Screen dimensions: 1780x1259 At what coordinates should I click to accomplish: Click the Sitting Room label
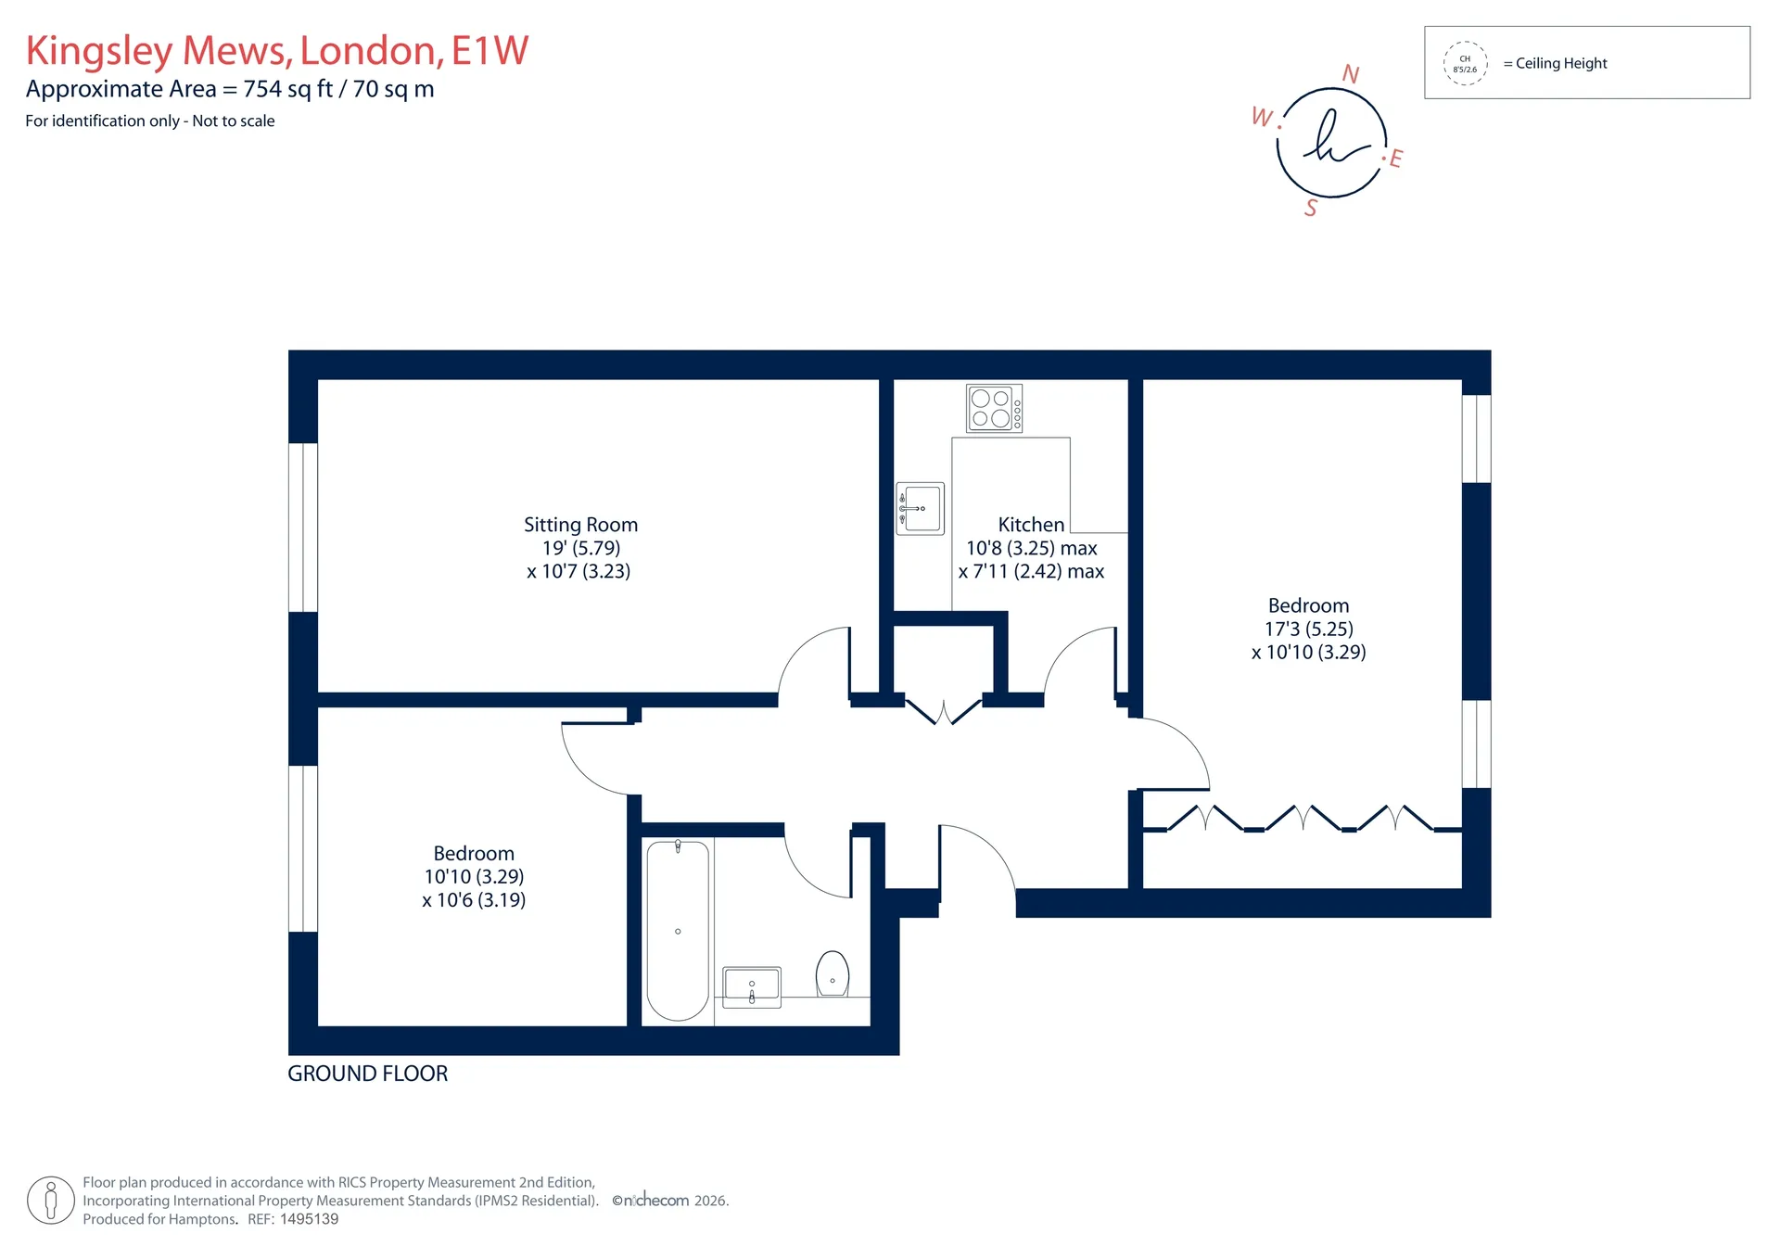pyautogui.click(x=580, y=525)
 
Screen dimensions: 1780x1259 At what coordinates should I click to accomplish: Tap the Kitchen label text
pyautogui.click(x=1031, y=525)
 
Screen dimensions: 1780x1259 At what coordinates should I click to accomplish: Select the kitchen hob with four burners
pyautogui.click(x=994, y=408)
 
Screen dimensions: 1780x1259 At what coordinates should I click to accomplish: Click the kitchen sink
pyautogui.click(x=920, y=508)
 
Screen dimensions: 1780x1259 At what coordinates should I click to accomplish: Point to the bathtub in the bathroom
pyautogui.click(x=678, y=931)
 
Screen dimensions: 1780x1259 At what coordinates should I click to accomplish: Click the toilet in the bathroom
pyautogui.click(x=833, y=973)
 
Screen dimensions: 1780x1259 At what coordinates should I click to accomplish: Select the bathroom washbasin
pyautogui.click(x=752, y=986)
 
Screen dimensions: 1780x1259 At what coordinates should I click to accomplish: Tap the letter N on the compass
pyautogui.click(x=1351, y=74)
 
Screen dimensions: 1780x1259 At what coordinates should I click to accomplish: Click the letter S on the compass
pyautogui.click(x=1311, y=208)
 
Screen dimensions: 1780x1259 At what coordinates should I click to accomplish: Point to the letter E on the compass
pyautogui.click(x=1395, y=159)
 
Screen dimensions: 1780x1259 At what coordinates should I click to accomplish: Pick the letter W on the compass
pyautogui.click(x=1263, y=117)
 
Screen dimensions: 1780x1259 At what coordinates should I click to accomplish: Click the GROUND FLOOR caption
pyautogui.click(x=368, y=1074)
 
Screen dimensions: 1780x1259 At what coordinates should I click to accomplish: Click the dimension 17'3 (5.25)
pyautogui.click(x=1309, y=629)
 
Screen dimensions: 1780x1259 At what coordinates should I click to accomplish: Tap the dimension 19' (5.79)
pyautogui.click(x=581, y=548)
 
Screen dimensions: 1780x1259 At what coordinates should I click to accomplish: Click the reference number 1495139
pyautogui.click(x=310, y=1219)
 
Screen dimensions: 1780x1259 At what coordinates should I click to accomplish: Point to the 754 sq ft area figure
pyautogui.click(x=287, y=89)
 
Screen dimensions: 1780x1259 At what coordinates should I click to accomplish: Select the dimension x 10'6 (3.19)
pyautogui.click(x=474, y=900)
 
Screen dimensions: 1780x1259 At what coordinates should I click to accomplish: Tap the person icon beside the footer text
pyautogui.click(x=51, y=1201)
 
